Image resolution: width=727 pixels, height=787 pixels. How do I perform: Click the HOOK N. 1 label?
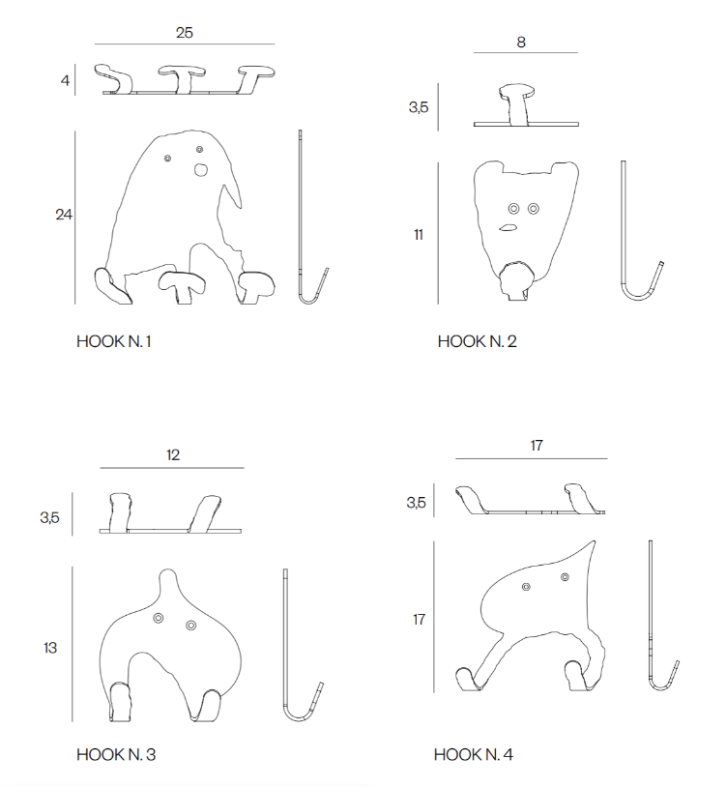click(113, 342)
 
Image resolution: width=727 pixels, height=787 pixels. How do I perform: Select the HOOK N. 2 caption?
click(477, 342)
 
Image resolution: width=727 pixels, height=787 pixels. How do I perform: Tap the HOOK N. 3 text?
click(116, 754)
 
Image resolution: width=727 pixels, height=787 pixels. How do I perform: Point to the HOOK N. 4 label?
click(473, 754)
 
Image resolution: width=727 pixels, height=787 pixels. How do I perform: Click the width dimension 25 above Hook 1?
click(184, 33)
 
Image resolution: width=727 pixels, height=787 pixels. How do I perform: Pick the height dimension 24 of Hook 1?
click(64, 215)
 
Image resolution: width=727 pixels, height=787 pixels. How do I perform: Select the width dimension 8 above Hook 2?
click(521, 43)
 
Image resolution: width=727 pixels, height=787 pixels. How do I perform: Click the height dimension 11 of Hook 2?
click(419, 235)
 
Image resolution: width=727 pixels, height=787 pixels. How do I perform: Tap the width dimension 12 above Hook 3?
click(173, 455)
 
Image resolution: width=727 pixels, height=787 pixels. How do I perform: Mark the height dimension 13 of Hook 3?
click(50, 648)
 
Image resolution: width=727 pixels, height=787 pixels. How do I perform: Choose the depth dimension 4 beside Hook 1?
click(65, 80)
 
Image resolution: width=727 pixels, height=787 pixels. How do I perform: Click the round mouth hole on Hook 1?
click(201, 170)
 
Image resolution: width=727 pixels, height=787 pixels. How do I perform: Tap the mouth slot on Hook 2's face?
click(508, 228)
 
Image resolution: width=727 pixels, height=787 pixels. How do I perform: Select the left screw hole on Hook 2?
click(513, 208)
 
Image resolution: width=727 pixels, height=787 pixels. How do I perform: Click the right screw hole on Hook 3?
click(190, 626)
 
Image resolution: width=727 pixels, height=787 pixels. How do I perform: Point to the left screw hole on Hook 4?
click(526, 586)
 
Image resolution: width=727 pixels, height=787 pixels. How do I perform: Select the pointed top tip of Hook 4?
click(595, 541)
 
